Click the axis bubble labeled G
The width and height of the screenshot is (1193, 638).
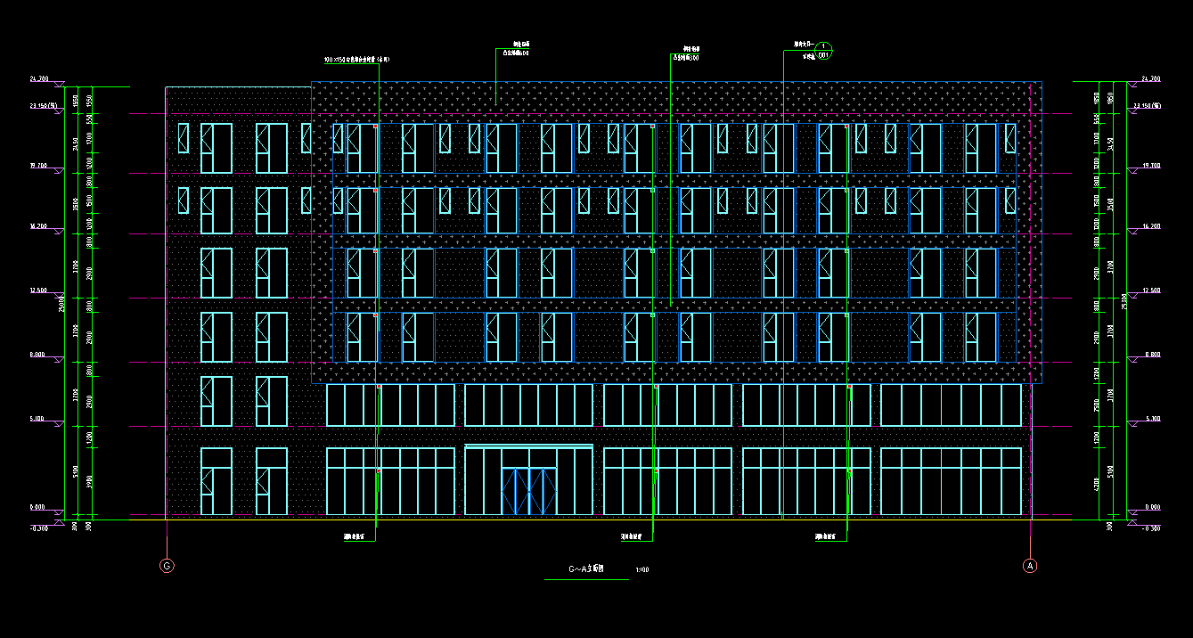[167, 566]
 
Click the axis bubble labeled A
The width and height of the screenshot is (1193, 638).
[1030, 566]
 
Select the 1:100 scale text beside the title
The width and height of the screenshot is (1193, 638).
[641, 569]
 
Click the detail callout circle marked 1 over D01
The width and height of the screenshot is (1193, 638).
[824, 47]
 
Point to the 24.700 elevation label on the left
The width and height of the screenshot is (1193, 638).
[38, 79]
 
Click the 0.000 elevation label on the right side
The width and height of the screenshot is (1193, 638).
[1151, 507]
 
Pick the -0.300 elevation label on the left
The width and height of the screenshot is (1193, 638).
[37, 528]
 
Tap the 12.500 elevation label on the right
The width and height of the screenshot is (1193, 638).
[1151, 290]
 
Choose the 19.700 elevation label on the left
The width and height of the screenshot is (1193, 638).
[37, 166]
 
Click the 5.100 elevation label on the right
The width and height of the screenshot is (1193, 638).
[1151, 419]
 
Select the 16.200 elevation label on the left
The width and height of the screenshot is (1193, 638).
[37, 226]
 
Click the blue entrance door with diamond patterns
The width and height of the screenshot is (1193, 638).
[529, 491]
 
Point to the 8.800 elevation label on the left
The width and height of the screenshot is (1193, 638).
[37, 355]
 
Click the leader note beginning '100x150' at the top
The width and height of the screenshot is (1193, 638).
[356, 60]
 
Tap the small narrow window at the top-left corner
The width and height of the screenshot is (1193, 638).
[184, 138]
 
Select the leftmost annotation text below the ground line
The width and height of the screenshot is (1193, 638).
[356, 537]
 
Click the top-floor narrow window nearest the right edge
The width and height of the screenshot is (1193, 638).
[1010, 138]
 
